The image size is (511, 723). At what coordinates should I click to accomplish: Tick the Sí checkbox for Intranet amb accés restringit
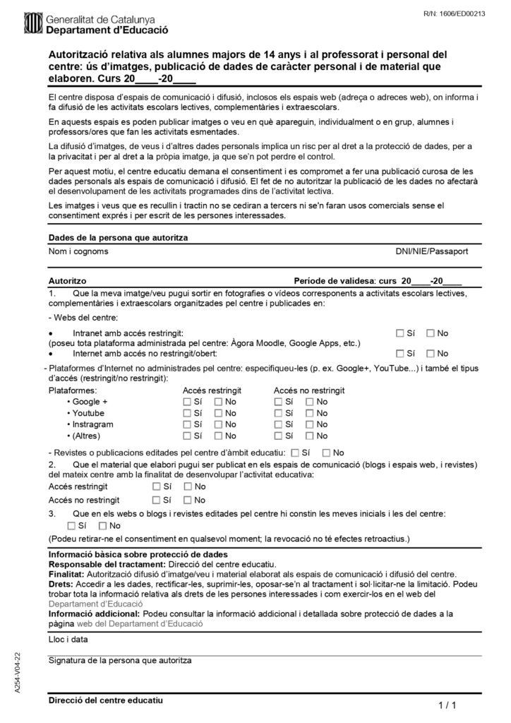click(399, 333)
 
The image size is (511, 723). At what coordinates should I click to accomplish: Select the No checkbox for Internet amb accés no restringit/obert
click(431, 353)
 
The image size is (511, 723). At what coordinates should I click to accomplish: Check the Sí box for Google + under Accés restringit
click(187, 401)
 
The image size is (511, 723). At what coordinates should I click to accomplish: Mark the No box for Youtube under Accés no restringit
click(309, 412)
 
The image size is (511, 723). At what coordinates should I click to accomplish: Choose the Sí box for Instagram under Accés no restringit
click(278, 424)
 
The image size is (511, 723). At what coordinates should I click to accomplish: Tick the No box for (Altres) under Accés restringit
click(218, 436)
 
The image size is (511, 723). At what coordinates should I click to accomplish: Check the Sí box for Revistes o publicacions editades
click(294, 452)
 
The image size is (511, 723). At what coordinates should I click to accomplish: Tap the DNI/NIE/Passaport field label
click(431, 251)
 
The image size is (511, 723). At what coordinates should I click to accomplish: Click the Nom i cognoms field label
click(78, 251)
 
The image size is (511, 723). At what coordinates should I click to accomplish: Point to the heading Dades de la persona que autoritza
click(118, 238)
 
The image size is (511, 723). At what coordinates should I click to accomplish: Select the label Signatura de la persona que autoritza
click(120, 660)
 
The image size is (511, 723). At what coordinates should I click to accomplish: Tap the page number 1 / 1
click(448, 705)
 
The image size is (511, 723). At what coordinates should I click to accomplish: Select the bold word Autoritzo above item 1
click(68, 280)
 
